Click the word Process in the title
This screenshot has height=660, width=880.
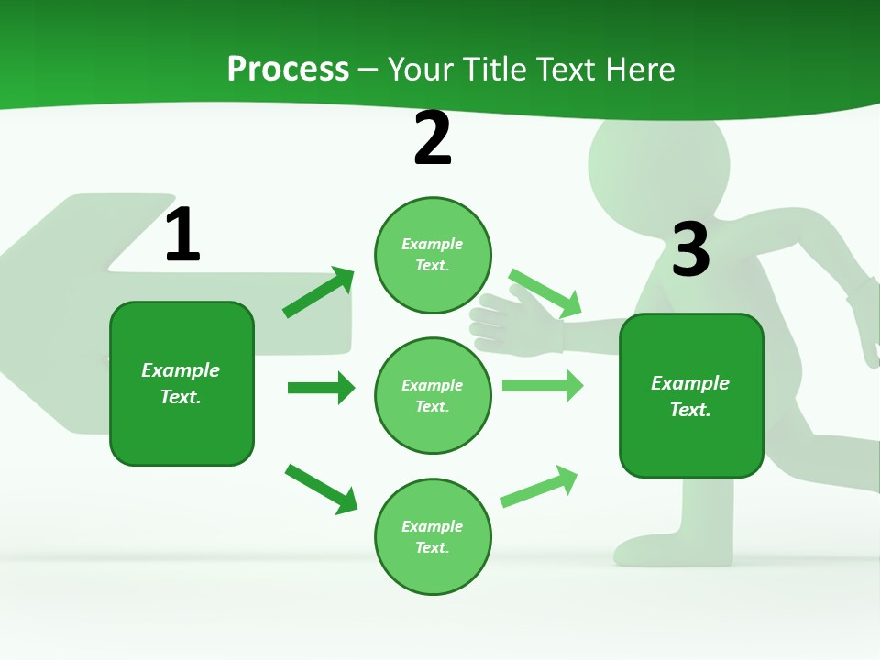[x=288, y=69]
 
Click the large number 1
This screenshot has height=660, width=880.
[x=182, y=236]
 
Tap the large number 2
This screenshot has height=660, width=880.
[x=433, y=138]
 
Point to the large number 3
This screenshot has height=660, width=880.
[x=691, y=249]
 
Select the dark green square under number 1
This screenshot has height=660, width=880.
[x=181, y=383]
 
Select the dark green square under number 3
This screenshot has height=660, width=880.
[x=691, y=395]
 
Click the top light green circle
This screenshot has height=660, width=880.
[x=433, y=255]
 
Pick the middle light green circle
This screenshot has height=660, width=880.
[x=433, y=395]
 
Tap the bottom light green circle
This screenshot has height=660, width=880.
[x=433, y=536]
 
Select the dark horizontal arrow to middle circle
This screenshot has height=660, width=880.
[x=321, y=388]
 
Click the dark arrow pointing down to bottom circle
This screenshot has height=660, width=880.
[x=321, y=488]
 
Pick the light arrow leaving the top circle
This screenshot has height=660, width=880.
[x=545, y=292]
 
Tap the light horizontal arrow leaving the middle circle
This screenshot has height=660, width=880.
[x=542, y=385]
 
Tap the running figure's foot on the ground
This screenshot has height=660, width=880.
[x=674, y=550]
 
